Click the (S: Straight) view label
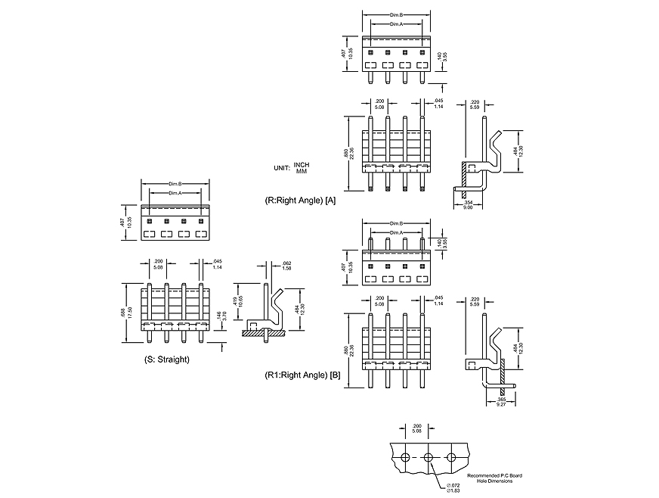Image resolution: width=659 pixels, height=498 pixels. [x=166, y=359]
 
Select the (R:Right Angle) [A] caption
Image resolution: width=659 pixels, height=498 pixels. [x=300, y=201]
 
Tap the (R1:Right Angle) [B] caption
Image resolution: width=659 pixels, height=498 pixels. [x=302, y=375]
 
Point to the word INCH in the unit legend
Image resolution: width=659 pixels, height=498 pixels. [x=302, y=165]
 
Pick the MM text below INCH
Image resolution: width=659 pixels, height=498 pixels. [x=302, y=172]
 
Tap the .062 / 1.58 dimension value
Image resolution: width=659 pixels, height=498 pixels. [x=287, y=266]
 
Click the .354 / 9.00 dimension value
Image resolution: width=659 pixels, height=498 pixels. [x=468, y=204]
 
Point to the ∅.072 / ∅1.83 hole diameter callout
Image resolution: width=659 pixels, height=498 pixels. [x=454, y=487]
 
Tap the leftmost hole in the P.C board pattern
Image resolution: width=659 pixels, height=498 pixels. [x=406, y=457]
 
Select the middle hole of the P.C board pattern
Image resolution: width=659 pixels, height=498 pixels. [x=429, y=457]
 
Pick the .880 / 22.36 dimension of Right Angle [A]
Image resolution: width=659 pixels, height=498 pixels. [x=347, y=154]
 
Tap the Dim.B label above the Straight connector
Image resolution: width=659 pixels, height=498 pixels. [x=175, y=184]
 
